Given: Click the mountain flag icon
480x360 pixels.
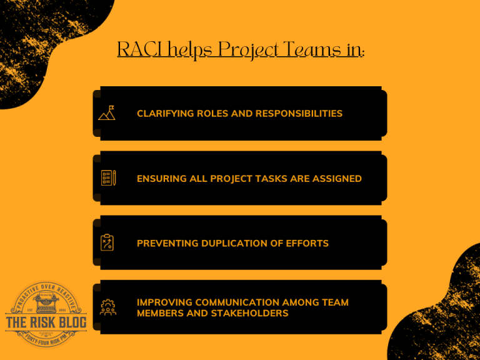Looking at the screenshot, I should pos(107,113).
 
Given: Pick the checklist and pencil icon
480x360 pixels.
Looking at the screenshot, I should pos(108,178).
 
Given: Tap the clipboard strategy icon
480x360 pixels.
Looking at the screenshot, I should pos(107,242).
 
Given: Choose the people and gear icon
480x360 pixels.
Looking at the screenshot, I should pos(108,307).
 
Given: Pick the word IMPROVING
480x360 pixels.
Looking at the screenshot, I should pos(163,302).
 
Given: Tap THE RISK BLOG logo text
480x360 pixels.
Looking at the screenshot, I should pos(46,322).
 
